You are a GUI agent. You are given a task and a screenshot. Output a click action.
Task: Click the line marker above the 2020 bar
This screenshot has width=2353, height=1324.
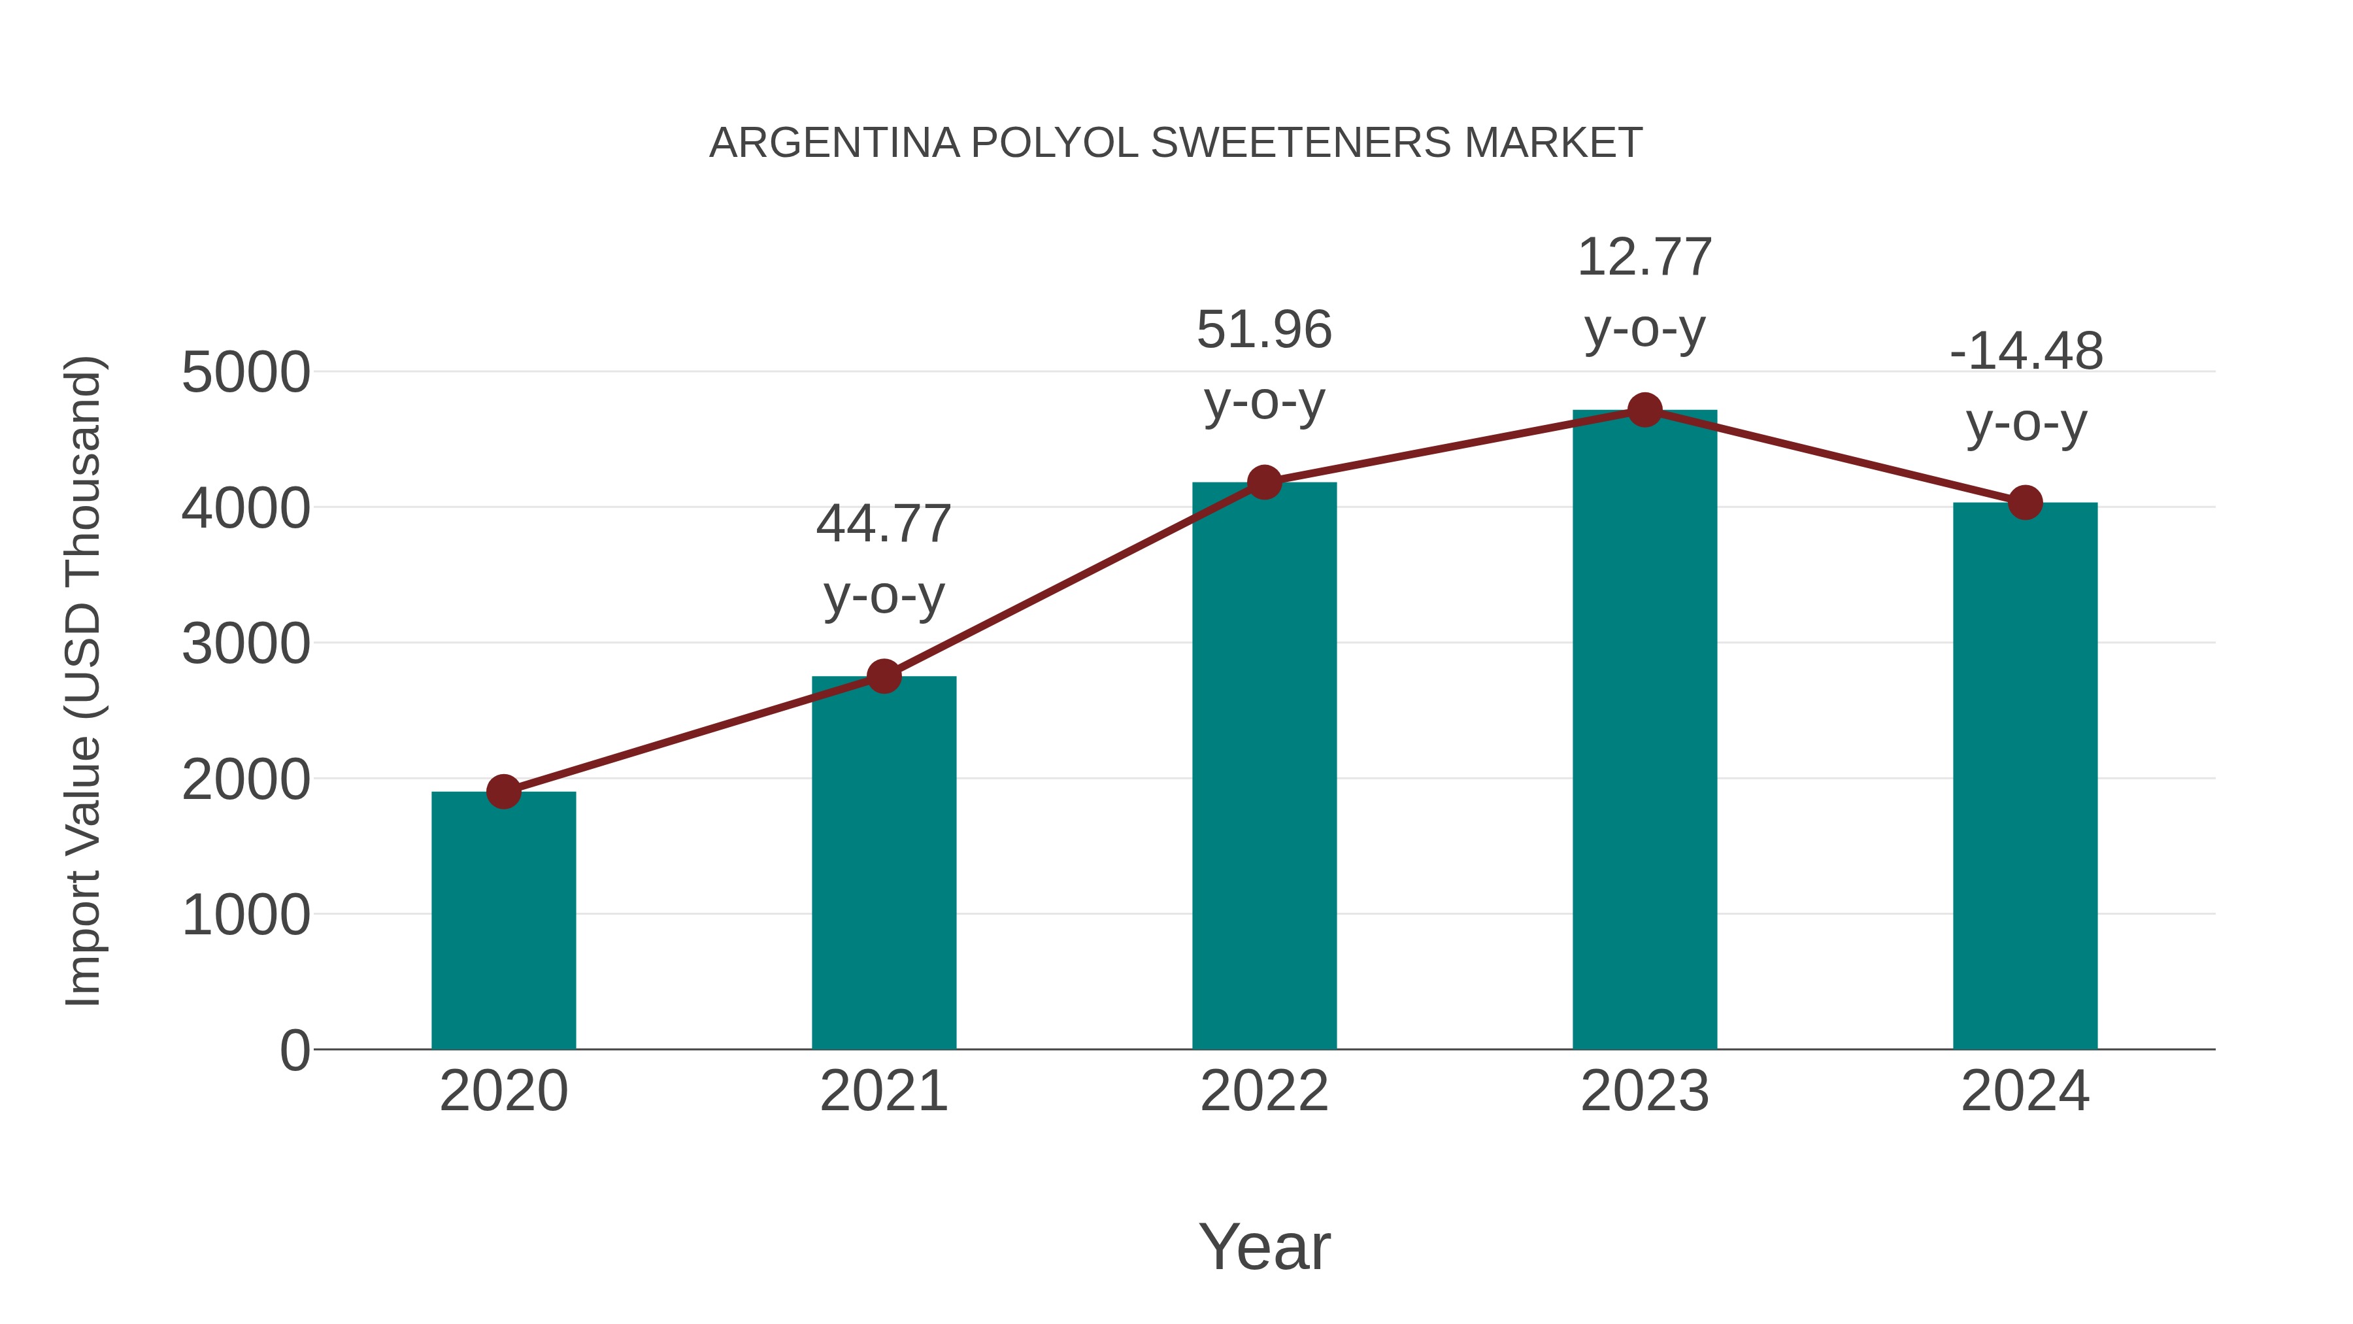pos(503,791)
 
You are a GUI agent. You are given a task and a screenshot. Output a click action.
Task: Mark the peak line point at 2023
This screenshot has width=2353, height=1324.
pos(1644,410)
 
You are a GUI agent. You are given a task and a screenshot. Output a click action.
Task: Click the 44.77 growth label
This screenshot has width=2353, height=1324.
pos(883,524)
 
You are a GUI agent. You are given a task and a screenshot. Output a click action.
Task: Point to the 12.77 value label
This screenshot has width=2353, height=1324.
pos(1644,258)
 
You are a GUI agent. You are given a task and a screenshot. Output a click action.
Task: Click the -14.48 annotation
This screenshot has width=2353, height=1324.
pos(2025,352)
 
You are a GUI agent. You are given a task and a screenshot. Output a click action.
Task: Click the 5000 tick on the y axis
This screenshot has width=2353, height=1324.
pos(246,373)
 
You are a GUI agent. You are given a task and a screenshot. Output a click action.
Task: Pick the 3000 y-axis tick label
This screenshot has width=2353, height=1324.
pos(246,644)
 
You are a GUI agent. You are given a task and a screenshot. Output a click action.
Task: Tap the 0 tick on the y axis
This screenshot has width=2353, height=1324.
pos(294,1050)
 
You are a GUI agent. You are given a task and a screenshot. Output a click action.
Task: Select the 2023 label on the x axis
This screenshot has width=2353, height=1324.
pos(1644,1091)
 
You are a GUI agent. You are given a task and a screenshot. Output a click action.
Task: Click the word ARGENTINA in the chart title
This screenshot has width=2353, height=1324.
pos(834,143)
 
